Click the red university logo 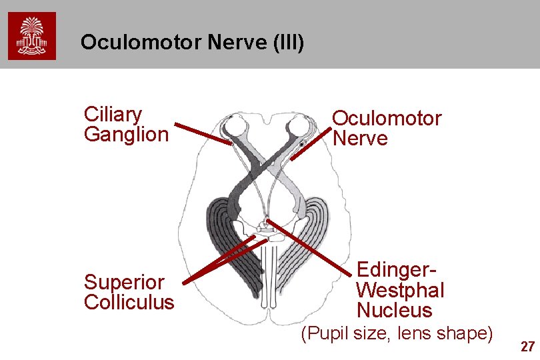tap(32, 35)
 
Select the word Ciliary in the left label tap(113, 115)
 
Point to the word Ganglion tap(126, 134)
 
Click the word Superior tap(123, 282)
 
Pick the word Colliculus tap(129, 302)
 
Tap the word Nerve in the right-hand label tap(360, 139)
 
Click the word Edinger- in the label tap(397, 271)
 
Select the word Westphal tap(400, 291)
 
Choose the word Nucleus tap(395, 310)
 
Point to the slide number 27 tap(527, 347)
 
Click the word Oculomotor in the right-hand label tap(387, 119)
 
